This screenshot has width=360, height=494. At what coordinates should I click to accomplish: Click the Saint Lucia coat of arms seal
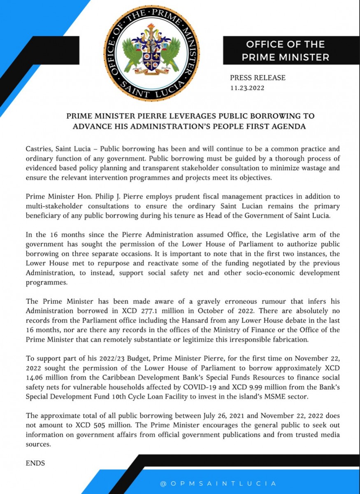point(151,54)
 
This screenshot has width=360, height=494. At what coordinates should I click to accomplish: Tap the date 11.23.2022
point(247,88)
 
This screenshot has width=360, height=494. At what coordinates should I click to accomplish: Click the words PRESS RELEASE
point(258,77)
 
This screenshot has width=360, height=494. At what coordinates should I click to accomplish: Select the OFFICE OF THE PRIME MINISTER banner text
point(286,51)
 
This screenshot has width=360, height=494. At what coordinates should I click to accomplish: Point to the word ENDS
point(35,463)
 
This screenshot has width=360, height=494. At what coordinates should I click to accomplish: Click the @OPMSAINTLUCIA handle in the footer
point(218,483)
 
